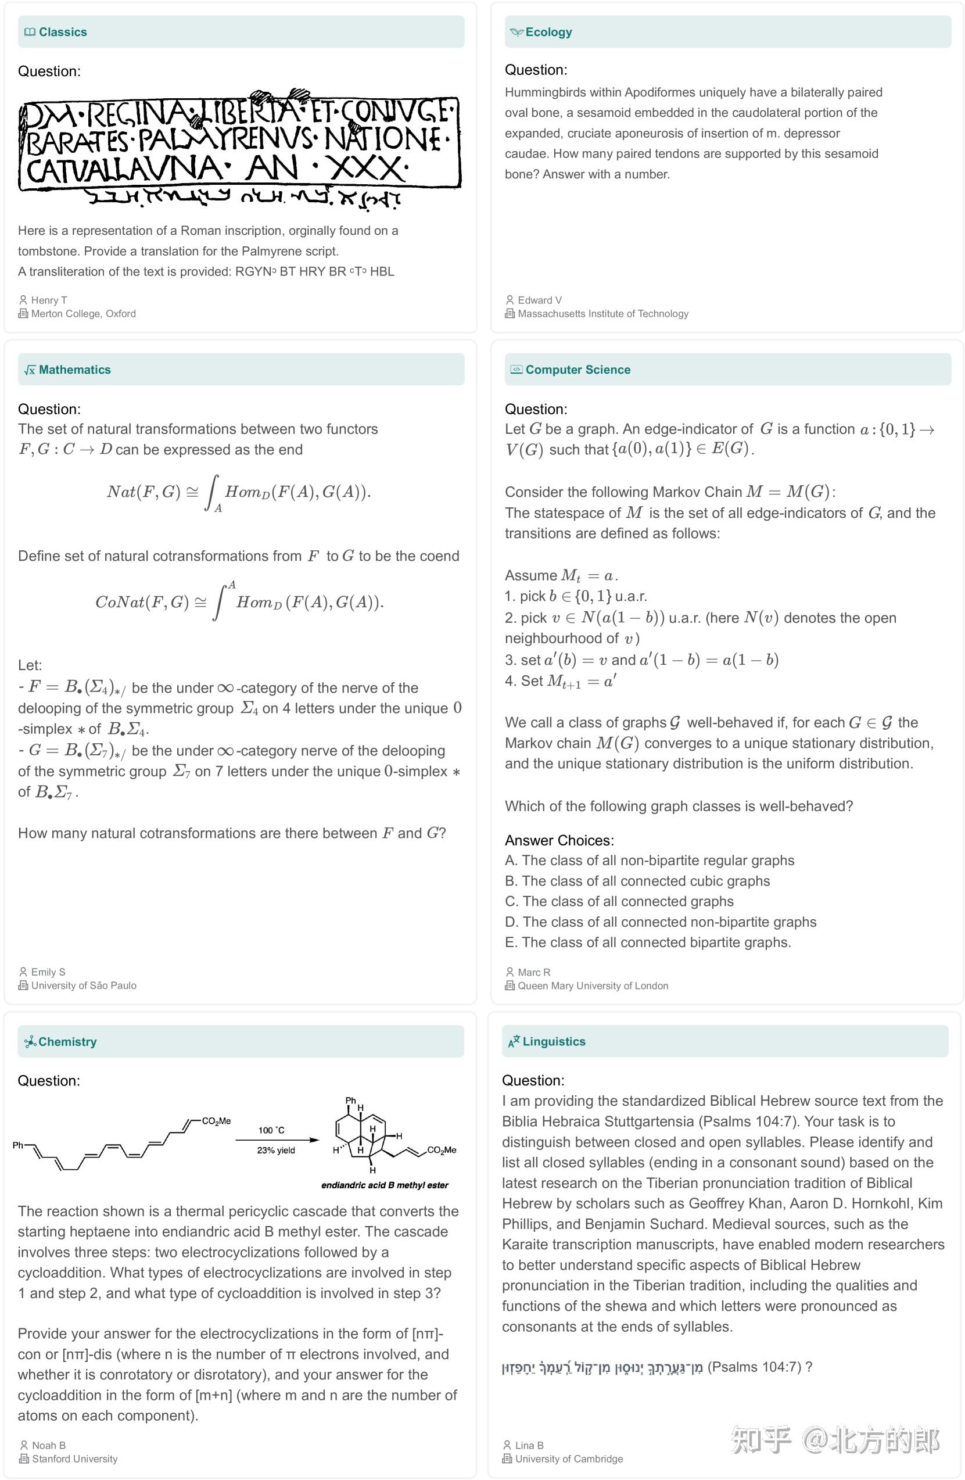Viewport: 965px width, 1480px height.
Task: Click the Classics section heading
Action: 62,33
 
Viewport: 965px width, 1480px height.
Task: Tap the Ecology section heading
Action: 548,33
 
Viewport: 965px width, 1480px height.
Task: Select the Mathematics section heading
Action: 74,370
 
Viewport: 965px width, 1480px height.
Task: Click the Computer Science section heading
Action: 577,370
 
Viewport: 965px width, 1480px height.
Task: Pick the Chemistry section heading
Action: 67,1042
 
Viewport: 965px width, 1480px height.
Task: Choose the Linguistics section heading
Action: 554,1042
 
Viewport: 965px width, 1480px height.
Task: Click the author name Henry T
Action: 49,300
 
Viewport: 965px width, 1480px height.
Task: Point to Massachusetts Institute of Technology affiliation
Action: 602,314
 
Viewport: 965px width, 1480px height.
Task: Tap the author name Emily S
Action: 48,972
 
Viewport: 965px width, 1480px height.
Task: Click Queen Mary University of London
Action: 593,986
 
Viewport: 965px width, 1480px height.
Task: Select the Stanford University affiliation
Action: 74,1459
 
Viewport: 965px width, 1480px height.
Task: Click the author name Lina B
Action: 529,1446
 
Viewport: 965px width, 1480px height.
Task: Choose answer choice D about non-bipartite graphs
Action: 661,922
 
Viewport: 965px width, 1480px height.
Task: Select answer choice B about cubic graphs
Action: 637,881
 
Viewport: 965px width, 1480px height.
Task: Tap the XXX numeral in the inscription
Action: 367,168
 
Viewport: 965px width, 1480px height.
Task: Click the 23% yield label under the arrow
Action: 276,1151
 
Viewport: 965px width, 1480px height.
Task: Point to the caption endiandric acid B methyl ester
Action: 384,1185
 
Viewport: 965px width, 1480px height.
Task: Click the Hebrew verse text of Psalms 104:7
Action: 602,1367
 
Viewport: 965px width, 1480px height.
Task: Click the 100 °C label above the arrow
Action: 272,1130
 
